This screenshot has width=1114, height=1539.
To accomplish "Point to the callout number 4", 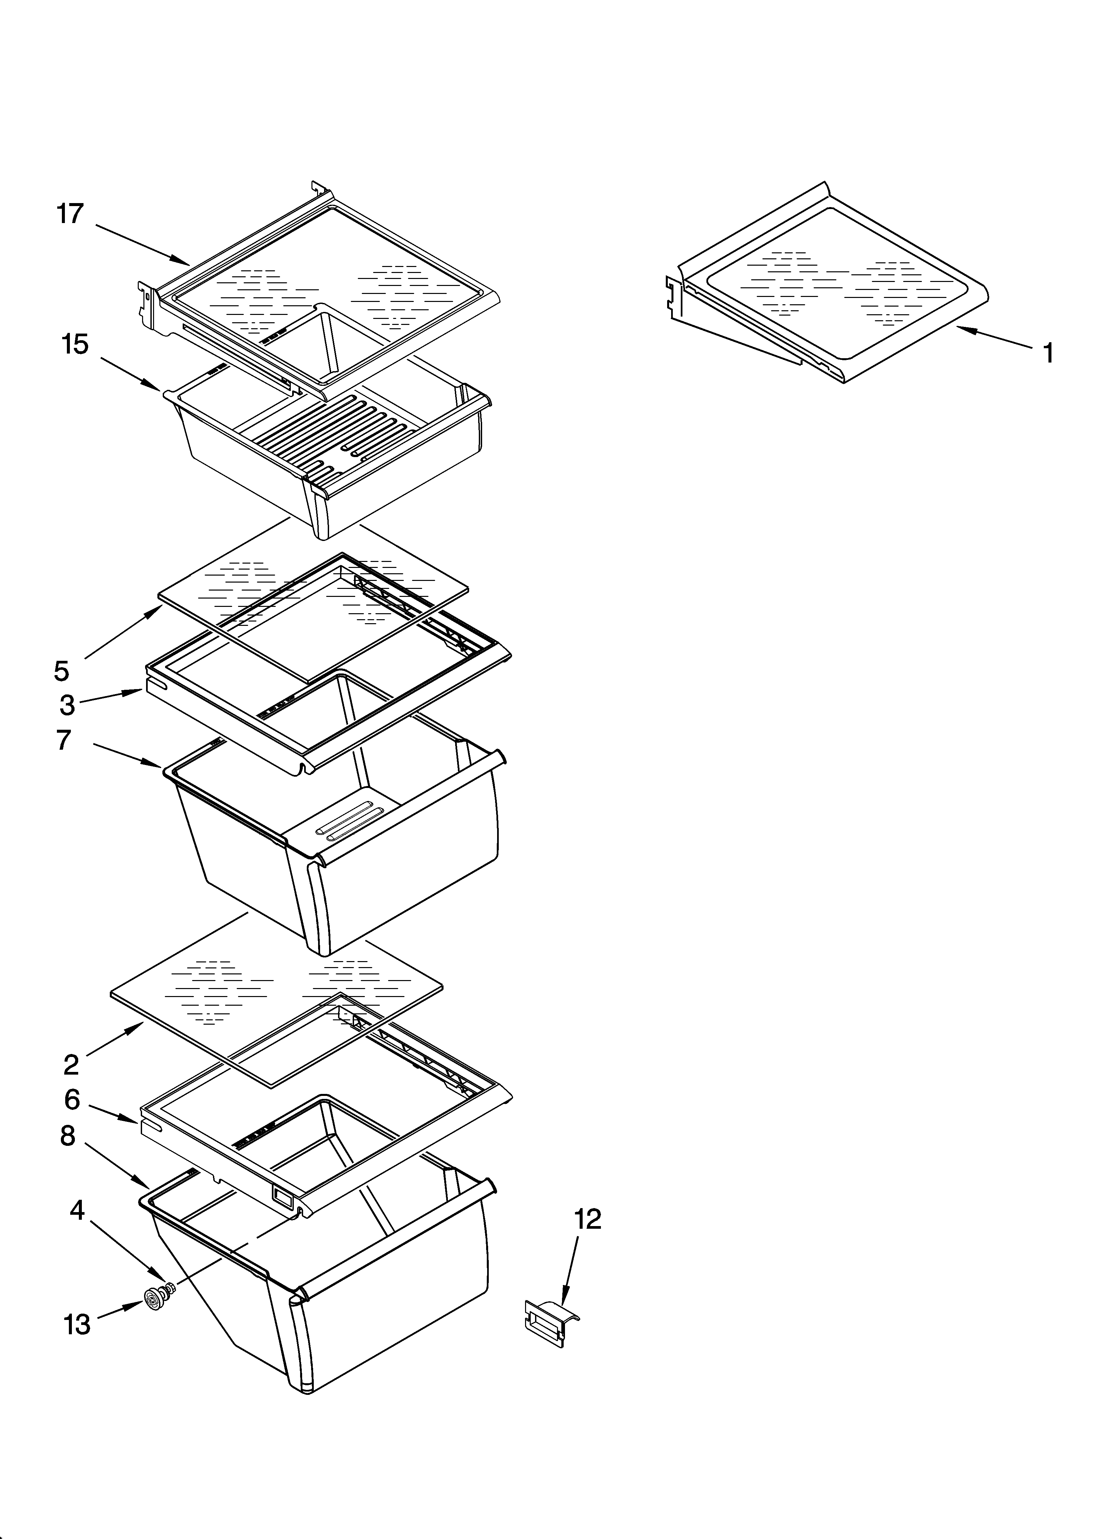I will tap(77, 1210).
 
